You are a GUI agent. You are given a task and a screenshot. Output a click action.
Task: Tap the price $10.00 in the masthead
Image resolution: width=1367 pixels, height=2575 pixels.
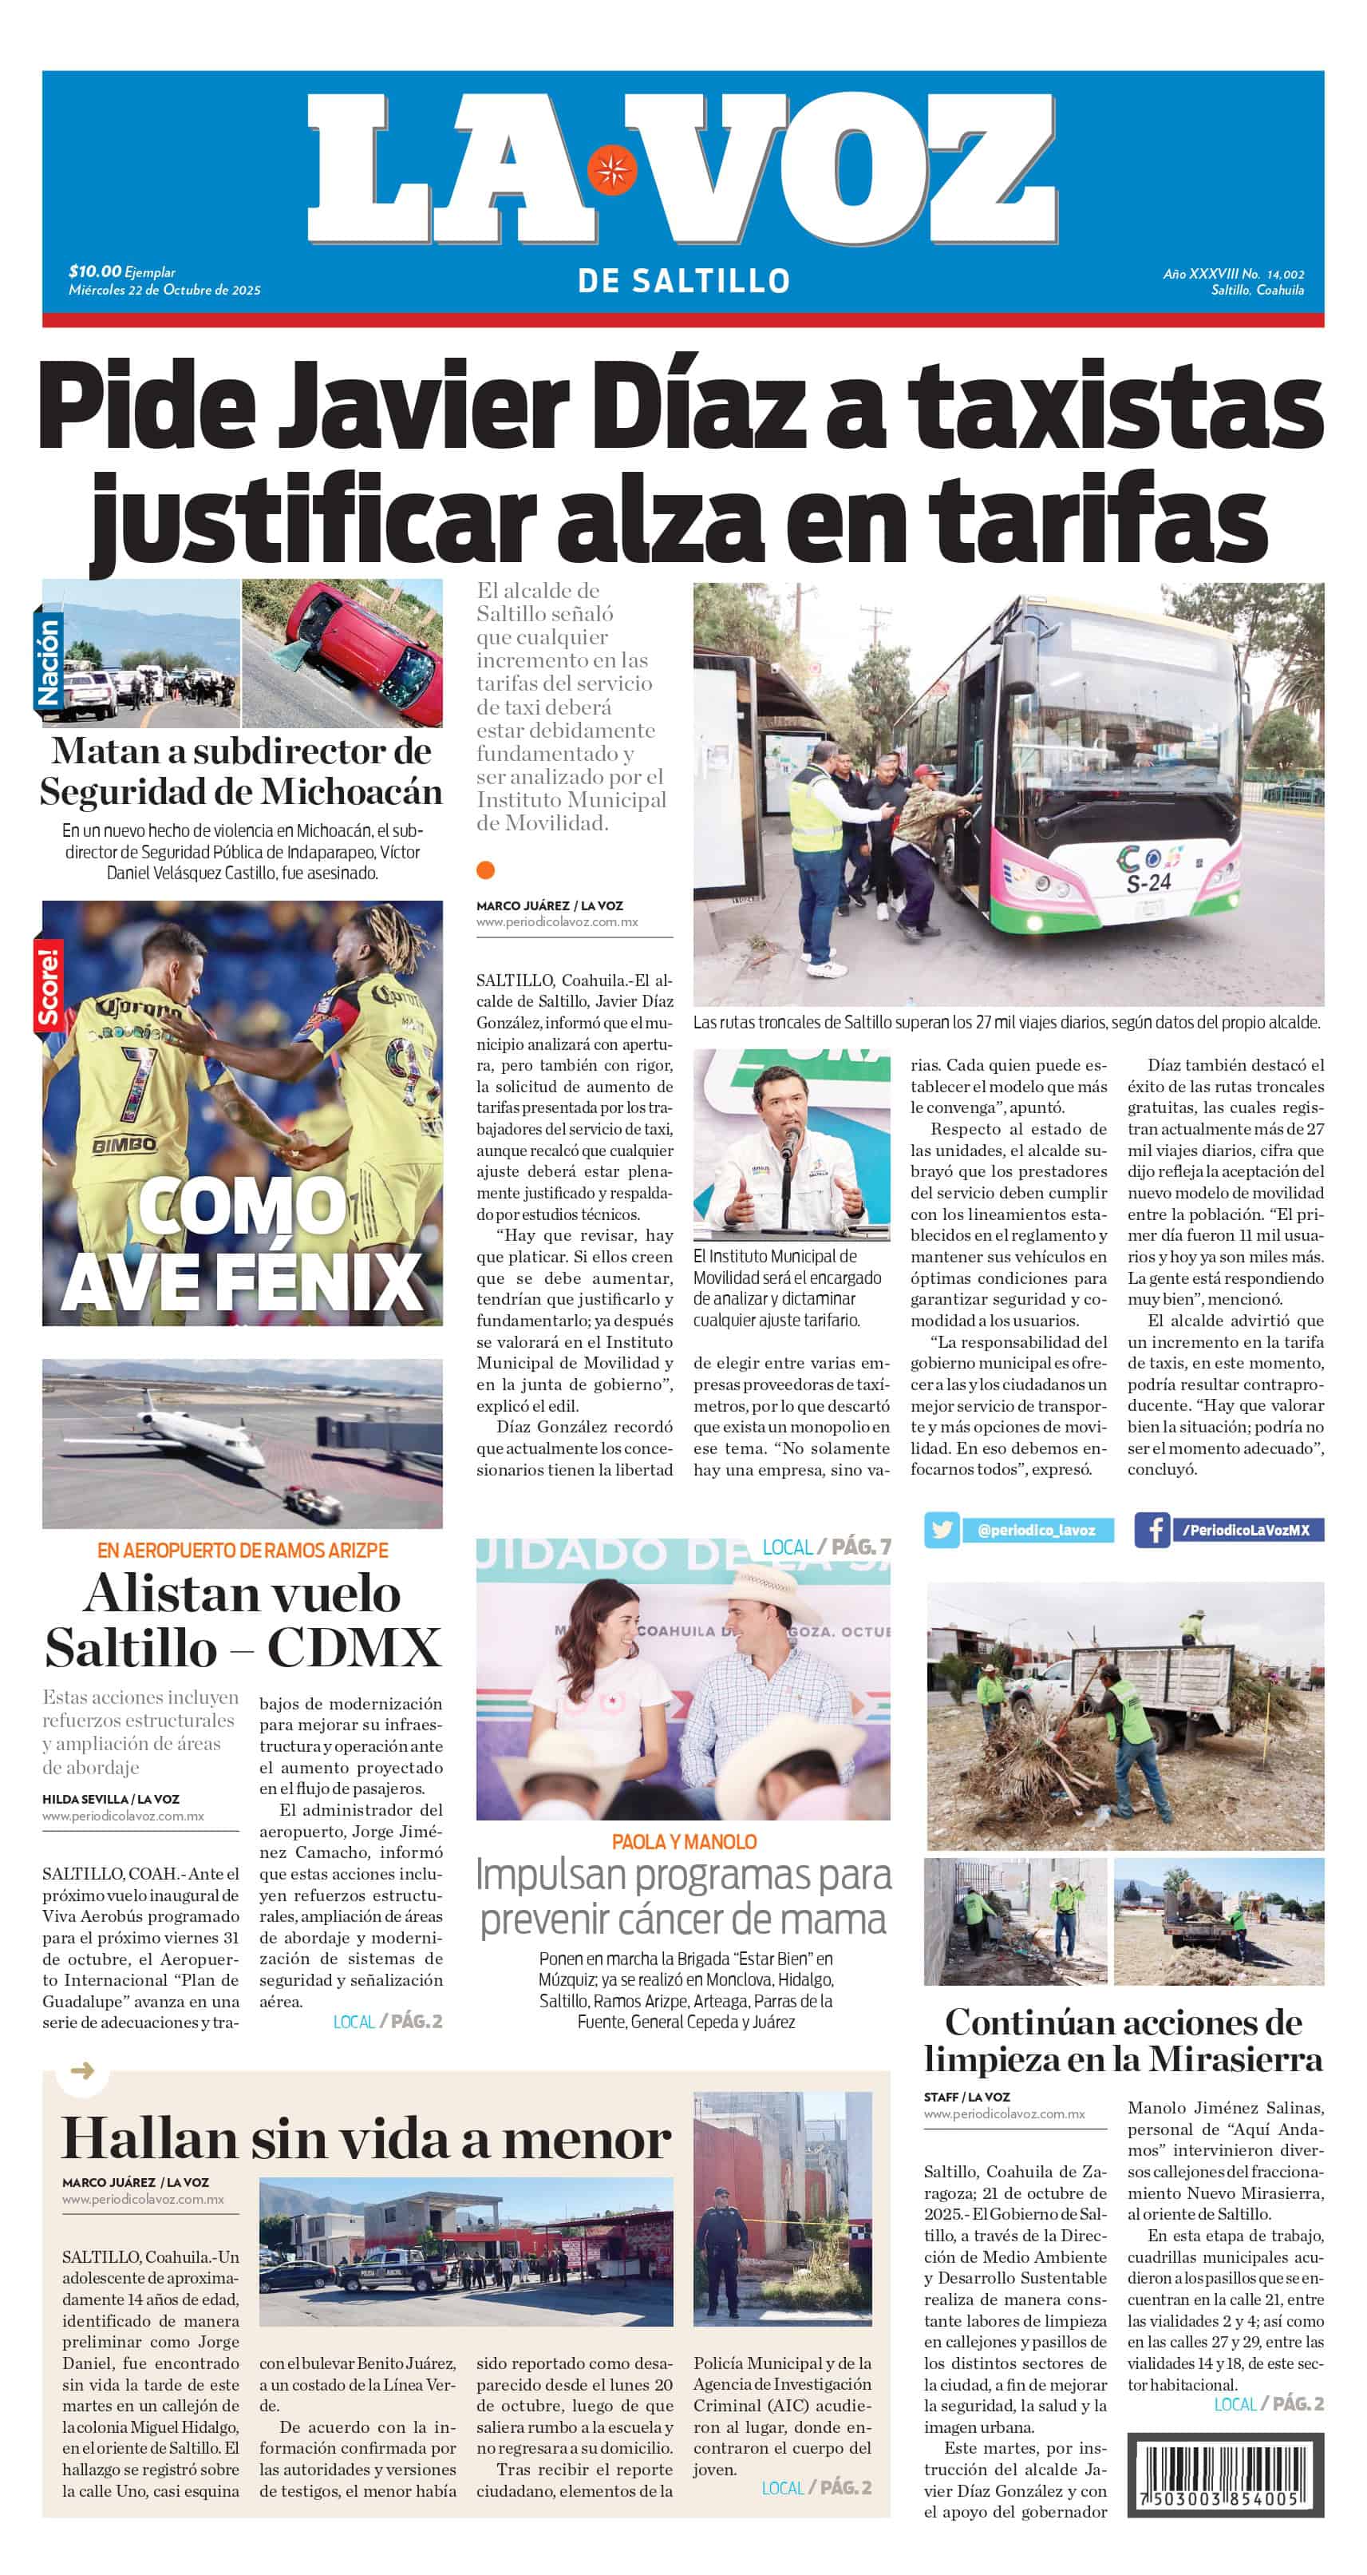(x=95, y=271)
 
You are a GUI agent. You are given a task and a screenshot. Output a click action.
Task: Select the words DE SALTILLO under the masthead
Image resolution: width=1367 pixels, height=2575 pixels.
(x=683, y=281)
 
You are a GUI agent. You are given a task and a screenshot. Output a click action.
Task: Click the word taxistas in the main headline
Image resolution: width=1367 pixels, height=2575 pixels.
(x=1114, y=407)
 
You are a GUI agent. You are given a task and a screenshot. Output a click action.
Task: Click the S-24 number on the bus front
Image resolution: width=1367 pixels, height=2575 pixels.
(x=1148, y=882)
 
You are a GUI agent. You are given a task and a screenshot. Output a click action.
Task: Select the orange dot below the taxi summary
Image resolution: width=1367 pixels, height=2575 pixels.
(x=486, y=870)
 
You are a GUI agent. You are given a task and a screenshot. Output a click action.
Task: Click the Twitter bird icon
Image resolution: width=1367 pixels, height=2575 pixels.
(x=940, y=1529)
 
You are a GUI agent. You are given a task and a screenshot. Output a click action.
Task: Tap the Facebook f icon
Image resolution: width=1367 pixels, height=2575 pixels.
(x=1152, y=1529)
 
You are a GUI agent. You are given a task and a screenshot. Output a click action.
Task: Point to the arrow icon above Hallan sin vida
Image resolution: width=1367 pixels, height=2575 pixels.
(x=82, y=2070)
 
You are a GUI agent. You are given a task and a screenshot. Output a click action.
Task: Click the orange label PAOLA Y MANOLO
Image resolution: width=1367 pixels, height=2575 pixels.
(x=683, y=1841)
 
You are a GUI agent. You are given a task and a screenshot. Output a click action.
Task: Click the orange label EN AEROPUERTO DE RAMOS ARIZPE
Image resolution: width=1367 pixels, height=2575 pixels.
(x=242, y=1551)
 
